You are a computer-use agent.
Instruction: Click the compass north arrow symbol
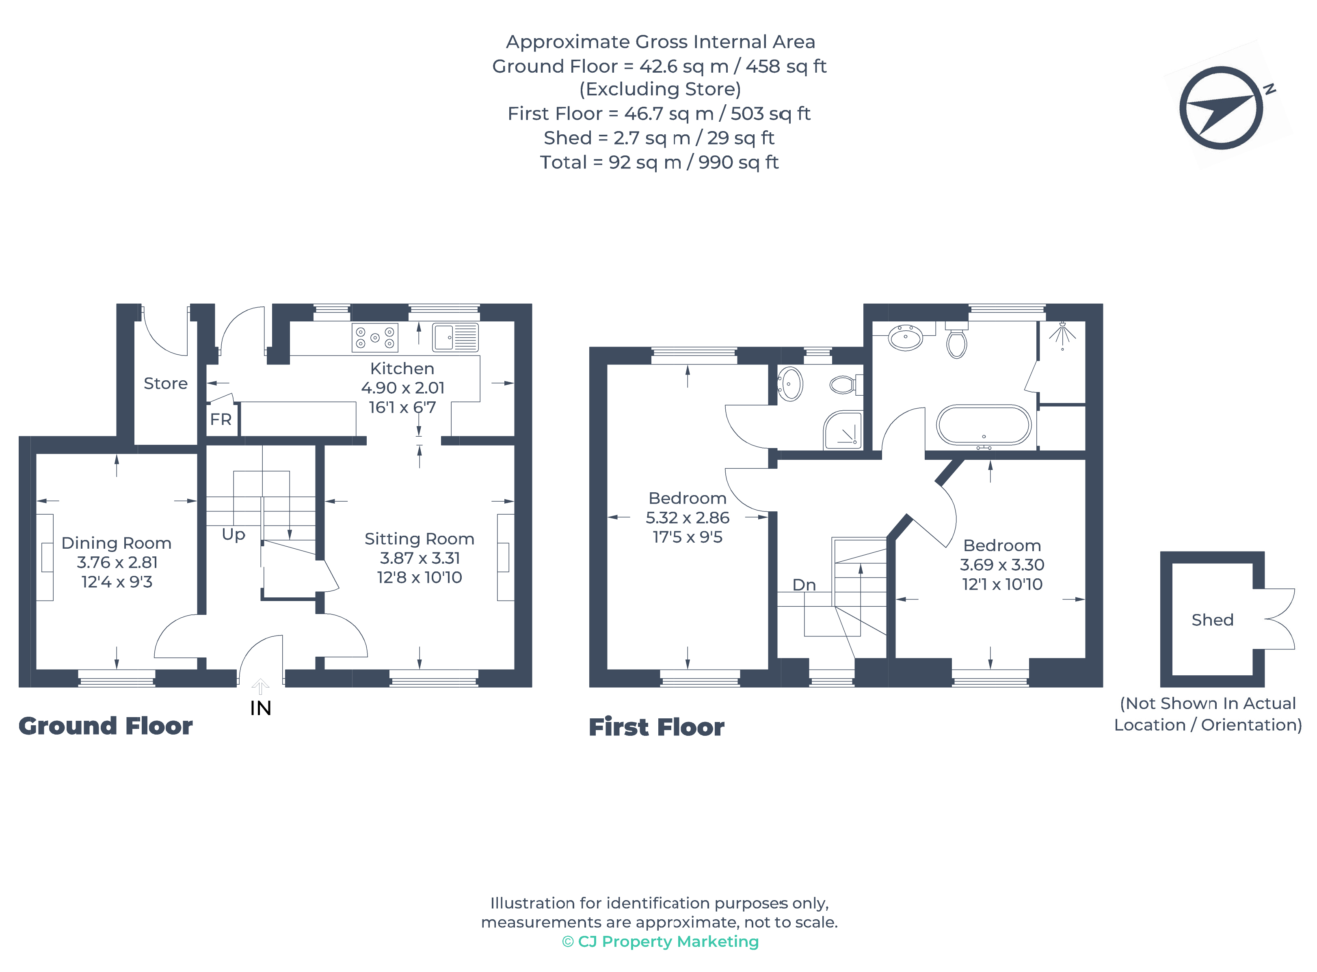tap(1220, 108)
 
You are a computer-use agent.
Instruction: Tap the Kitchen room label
tap(402, 369)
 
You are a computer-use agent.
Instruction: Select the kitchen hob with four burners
tap(375, 338)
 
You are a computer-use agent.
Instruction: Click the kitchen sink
tap(455, 337)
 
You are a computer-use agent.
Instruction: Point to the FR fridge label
tap(221, 420)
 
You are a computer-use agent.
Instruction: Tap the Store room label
tap(165, 384)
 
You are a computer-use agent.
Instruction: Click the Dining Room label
tap(117, 543)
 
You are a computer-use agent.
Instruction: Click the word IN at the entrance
tap(261, 708)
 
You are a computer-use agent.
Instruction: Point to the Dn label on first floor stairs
tap(804, 585)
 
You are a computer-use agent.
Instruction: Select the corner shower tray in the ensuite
tap(843, 429)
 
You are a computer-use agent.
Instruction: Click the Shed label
tap(1212, 620)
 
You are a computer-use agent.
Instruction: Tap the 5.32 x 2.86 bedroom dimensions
tap(687, 518)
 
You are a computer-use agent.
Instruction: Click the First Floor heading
tap(656, 727)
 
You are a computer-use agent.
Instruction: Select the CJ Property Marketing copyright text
tap(661, 942)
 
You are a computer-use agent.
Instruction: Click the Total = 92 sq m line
tap(660, 162)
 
